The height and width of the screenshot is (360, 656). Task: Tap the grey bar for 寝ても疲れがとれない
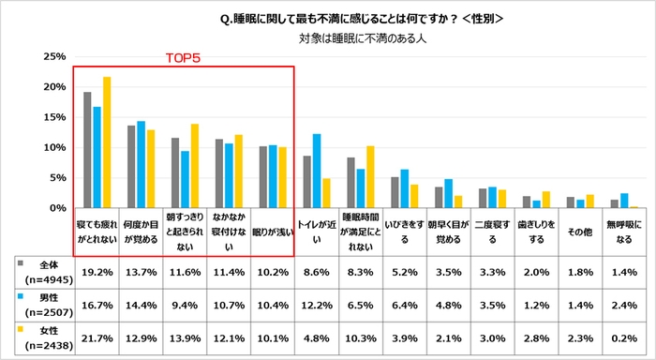click(x=87, y=150)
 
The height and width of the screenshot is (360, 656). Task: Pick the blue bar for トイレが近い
click(x=317, y=171)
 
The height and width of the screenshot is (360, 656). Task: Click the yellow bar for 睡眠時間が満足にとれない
click(x=370, y=177)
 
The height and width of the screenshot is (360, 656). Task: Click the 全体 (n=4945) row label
click(x=42, y=272)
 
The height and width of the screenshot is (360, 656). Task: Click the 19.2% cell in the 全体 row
click(x=98, y=272)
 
